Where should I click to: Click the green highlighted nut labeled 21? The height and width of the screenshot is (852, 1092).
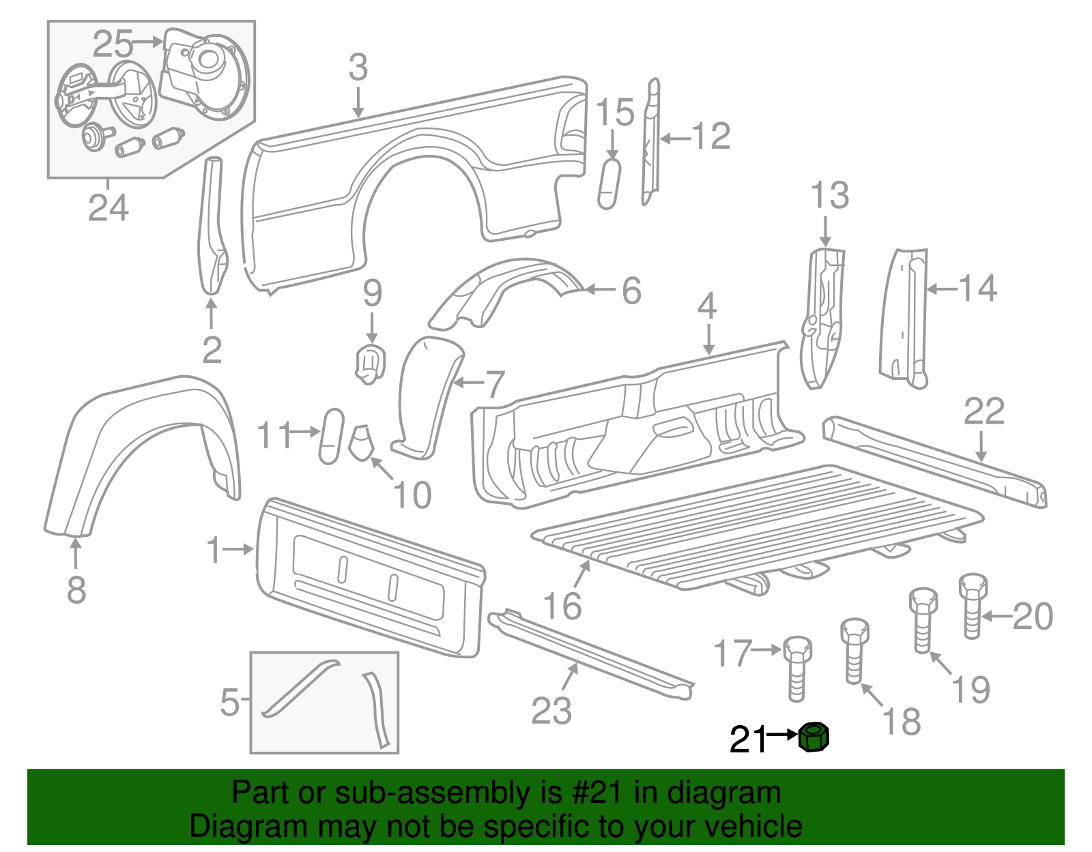point(814,737)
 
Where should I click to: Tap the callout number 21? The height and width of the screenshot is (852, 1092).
point(748,739)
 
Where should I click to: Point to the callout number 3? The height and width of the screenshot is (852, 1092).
point(358,68)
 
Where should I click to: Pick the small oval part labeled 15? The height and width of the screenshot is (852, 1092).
point(609,184)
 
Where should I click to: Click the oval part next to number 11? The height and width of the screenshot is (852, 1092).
point(332,437)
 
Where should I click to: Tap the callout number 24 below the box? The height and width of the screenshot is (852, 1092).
point(108,207)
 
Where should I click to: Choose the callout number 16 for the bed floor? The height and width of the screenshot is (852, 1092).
point(562,605)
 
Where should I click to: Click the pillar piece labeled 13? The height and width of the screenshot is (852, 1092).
point(822,317)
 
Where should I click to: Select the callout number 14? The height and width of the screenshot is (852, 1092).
point(978,289)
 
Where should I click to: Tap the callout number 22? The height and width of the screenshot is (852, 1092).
point(983,411)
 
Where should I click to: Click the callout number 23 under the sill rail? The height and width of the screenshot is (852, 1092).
point(551,711)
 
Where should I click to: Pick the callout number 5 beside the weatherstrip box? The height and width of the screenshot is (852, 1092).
point(230,701)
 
